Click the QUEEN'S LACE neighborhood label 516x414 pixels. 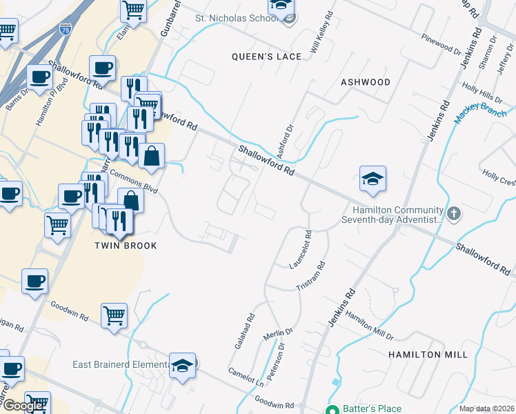pos(266,57)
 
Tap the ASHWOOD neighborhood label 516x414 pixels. pos(366,82)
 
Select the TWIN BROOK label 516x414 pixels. pos(126,246)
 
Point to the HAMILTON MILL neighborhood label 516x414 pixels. pos(427,354)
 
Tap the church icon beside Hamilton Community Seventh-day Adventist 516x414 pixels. pos(453,213)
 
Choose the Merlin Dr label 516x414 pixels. pos(278,336)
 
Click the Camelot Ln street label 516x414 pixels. pos(246,377)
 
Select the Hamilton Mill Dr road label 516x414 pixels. pos(369,325)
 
